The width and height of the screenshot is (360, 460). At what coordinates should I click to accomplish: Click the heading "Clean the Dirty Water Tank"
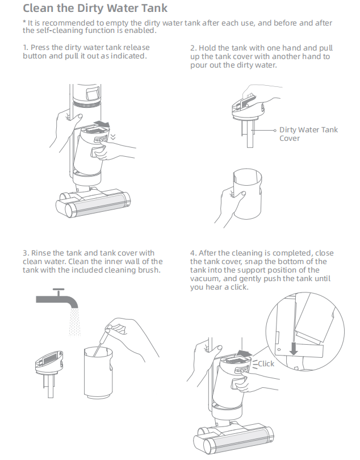tap(95, 8)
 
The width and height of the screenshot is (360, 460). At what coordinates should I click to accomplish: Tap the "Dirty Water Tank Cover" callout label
tap(308, 134)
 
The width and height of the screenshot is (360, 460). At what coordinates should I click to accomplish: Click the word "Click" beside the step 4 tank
tap(266, 364)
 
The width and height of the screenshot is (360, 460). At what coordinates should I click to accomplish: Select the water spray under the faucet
tap(74, 322)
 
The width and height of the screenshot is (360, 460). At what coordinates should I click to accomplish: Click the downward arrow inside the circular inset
tap(294, 347)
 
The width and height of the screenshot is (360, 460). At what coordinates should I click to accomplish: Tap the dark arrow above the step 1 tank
tap(102, 124)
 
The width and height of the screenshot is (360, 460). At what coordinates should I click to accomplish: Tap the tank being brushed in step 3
tap(98, 373)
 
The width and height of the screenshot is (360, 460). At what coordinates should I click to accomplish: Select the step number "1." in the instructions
tap(26, 48)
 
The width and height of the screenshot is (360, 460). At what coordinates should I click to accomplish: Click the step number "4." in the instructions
tap(193, 253)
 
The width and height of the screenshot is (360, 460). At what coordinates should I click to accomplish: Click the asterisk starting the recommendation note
tap(24, 22)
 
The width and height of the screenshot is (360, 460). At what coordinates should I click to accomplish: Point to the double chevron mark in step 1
tap(113, 137)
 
